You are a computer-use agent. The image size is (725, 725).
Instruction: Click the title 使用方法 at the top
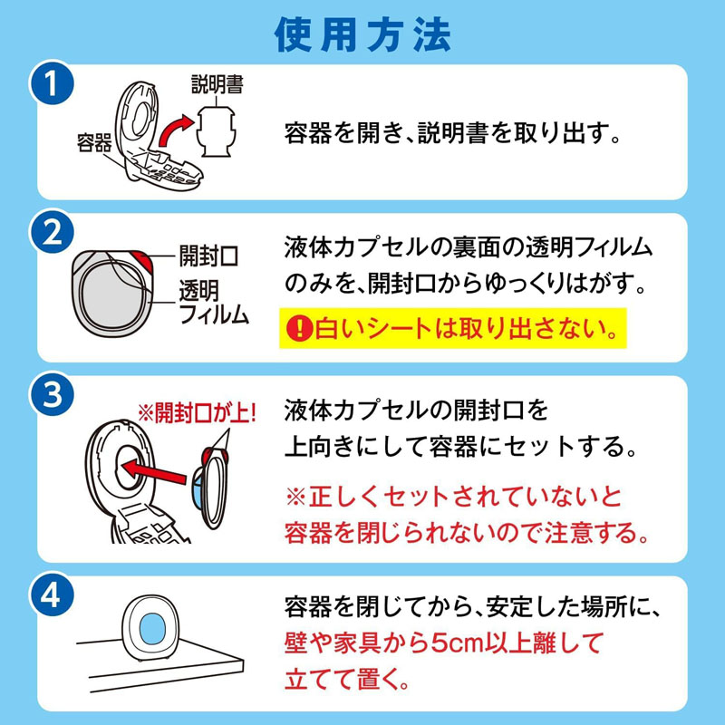362,34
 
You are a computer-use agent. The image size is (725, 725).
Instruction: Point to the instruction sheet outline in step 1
217,136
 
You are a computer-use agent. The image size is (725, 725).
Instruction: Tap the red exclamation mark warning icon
296,331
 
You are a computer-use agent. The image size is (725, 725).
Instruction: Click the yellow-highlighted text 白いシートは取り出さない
462,331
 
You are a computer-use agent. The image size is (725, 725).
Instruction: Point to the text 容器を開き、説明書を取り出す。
452,137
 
